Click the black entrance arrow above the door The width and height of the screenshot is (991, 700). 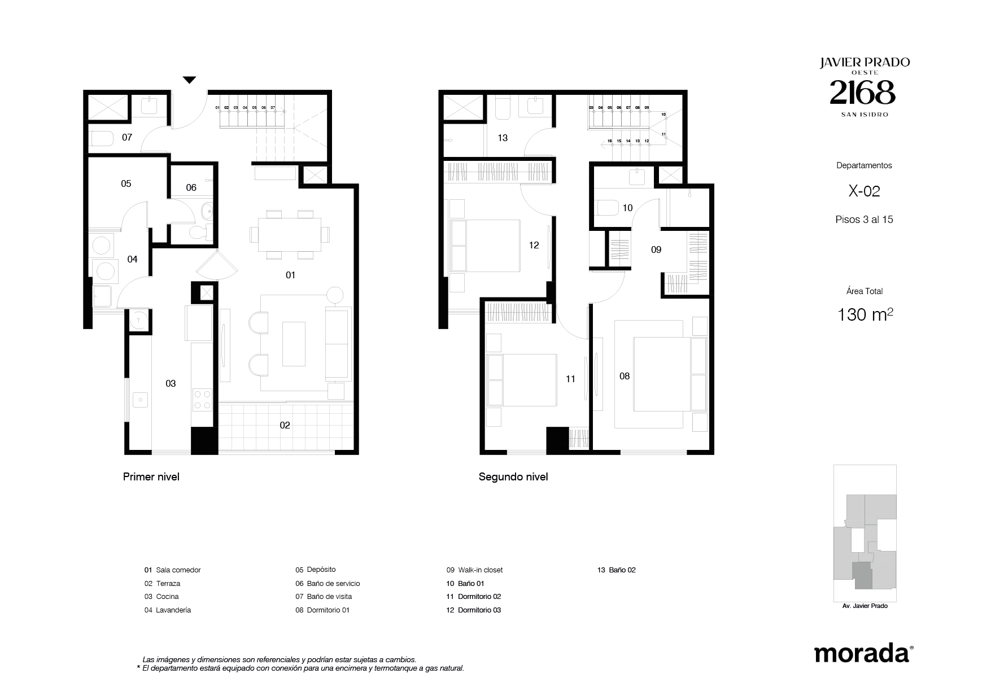(x=189, y=80)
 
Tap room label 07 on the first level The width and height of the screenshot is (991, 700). (x=127, y=137)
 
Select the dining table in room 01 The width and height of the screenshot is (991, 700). (x=289, y=234)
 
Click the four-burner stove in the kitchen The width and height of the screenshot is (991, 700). (x=202, y=399)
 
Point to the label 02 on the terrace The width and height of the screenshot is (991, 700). (x=285, y=425)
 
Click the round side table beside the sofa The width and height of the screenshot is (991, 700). (x=334, y=295)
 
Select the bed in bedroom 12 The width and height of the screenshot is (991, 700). (x=484, y=246)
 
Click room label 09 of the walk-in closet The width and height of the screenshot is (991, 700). (x=656, y=250)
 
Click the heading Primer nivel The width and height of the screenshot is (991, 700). (x=151, y=477)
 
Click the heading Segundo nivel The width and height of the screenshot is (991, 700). (x=513, y=477)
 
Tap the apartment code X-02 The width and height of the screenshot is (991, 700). (x=865, y=191)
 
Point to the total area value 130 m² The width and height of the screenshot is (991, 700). (x=865, y=314)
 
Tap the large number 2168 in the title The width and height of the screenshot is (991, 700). (x=863, y=93)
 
